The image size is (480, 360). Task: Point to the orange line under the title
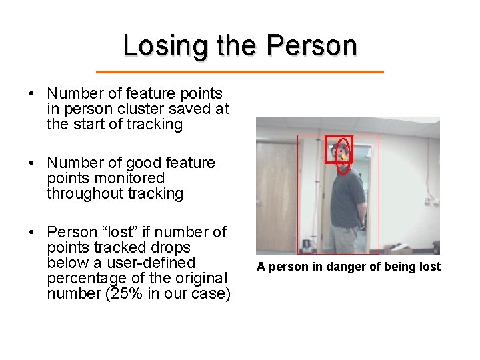click(240, 71)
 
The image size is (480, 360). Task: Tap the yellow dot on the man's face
click(341, 156)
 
